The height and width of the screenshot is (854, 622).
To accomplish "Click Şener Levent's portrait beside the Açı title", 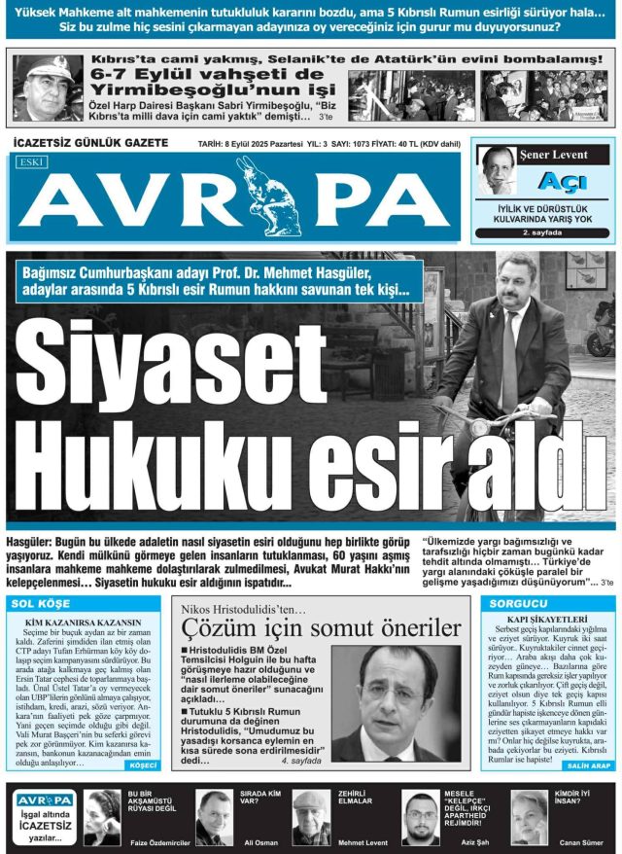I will point(499,171).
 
